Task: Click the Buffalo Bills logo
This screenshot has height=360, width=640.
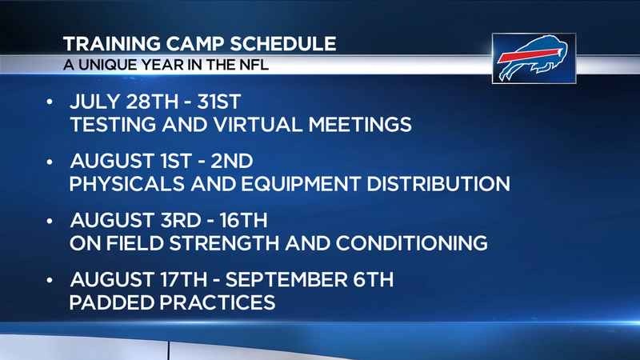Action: (x=534, y=58)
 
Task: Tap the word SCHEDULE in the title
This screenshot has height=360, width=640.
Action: (x=283, y=44)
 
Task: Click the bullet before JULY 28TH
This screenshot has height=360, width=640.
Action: (x=50, y=102)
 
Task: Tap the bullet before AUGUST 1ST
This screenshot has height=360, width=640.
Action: (x=50, y=162)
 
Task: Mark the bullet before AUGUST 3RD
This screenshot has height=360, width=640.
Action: (x=50, y=221)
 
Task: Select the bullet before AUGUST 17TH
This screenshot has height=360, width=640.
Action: (x=50, y=281)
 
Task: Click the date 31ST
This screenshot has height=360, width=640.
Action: (x=219, y=102)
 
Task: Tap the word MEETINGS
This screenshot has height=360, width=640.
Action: (x=360, y=125)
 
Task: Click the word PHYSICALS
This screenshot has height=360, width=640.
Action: (x=127, y=184)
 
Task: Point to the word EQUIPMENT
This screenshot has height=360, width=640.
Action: (x=301, y=184)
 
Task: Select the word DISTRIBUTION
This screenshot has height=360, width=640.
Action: (x=438, y=184)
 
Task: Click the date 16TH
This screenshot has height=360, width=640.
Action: (x=244, y=221)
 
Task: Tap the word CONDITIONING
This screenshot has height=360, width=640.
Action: (x=412, y=243)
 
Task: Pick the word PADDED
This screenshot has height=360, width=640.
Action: (x=111, y=303)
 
